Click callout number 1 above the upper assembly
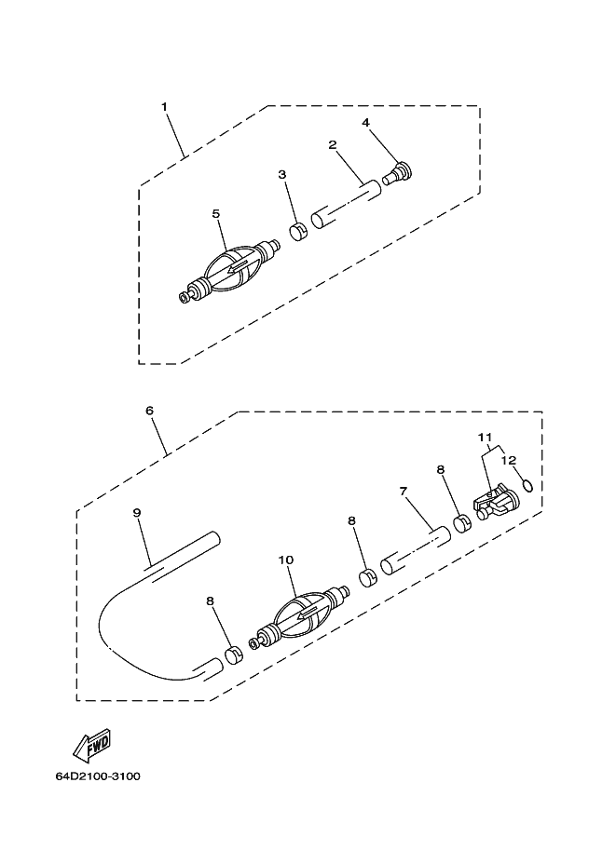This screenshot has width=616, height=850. [x=164, y=106]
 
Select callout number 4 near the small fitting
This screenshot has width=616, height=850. [x=366, y=123]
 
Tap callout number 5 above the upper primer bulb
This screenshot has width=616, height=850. [x=216, y=213]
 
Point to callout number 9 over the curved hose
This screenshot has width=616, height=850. [x=137, y=512]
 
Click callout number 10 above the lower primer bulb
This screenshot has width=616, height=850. [x=286, y=560]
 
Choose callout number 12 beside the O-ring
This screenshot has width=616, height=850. [x=509, y=460]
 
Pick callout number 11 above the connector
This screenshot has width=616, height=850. [x=485, y=437]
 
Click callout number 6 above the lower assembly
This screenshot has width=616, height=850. [x=150, y=411]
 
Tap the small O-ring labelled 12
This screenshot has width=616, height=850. [x=527, y=486]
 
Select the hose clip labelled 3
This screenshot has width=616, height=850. [x=298, y=232]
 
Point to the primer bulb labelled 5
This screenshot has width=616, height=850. [x=230, y=268]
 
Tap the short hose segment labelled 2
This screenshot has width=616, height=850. [x=345, y=205]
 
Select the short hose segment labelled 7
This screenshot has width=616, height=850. [x=416, y=550]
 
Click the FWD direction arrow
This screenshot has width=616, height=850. [x=92, y=744]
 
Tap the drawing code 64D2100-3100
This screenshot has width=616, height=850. [x=98, y=776]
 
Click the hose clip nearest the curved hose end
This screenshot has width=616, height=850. [x=234, y=655]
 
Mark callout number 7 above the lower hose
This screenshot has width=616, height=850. [x=403, y=492]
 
